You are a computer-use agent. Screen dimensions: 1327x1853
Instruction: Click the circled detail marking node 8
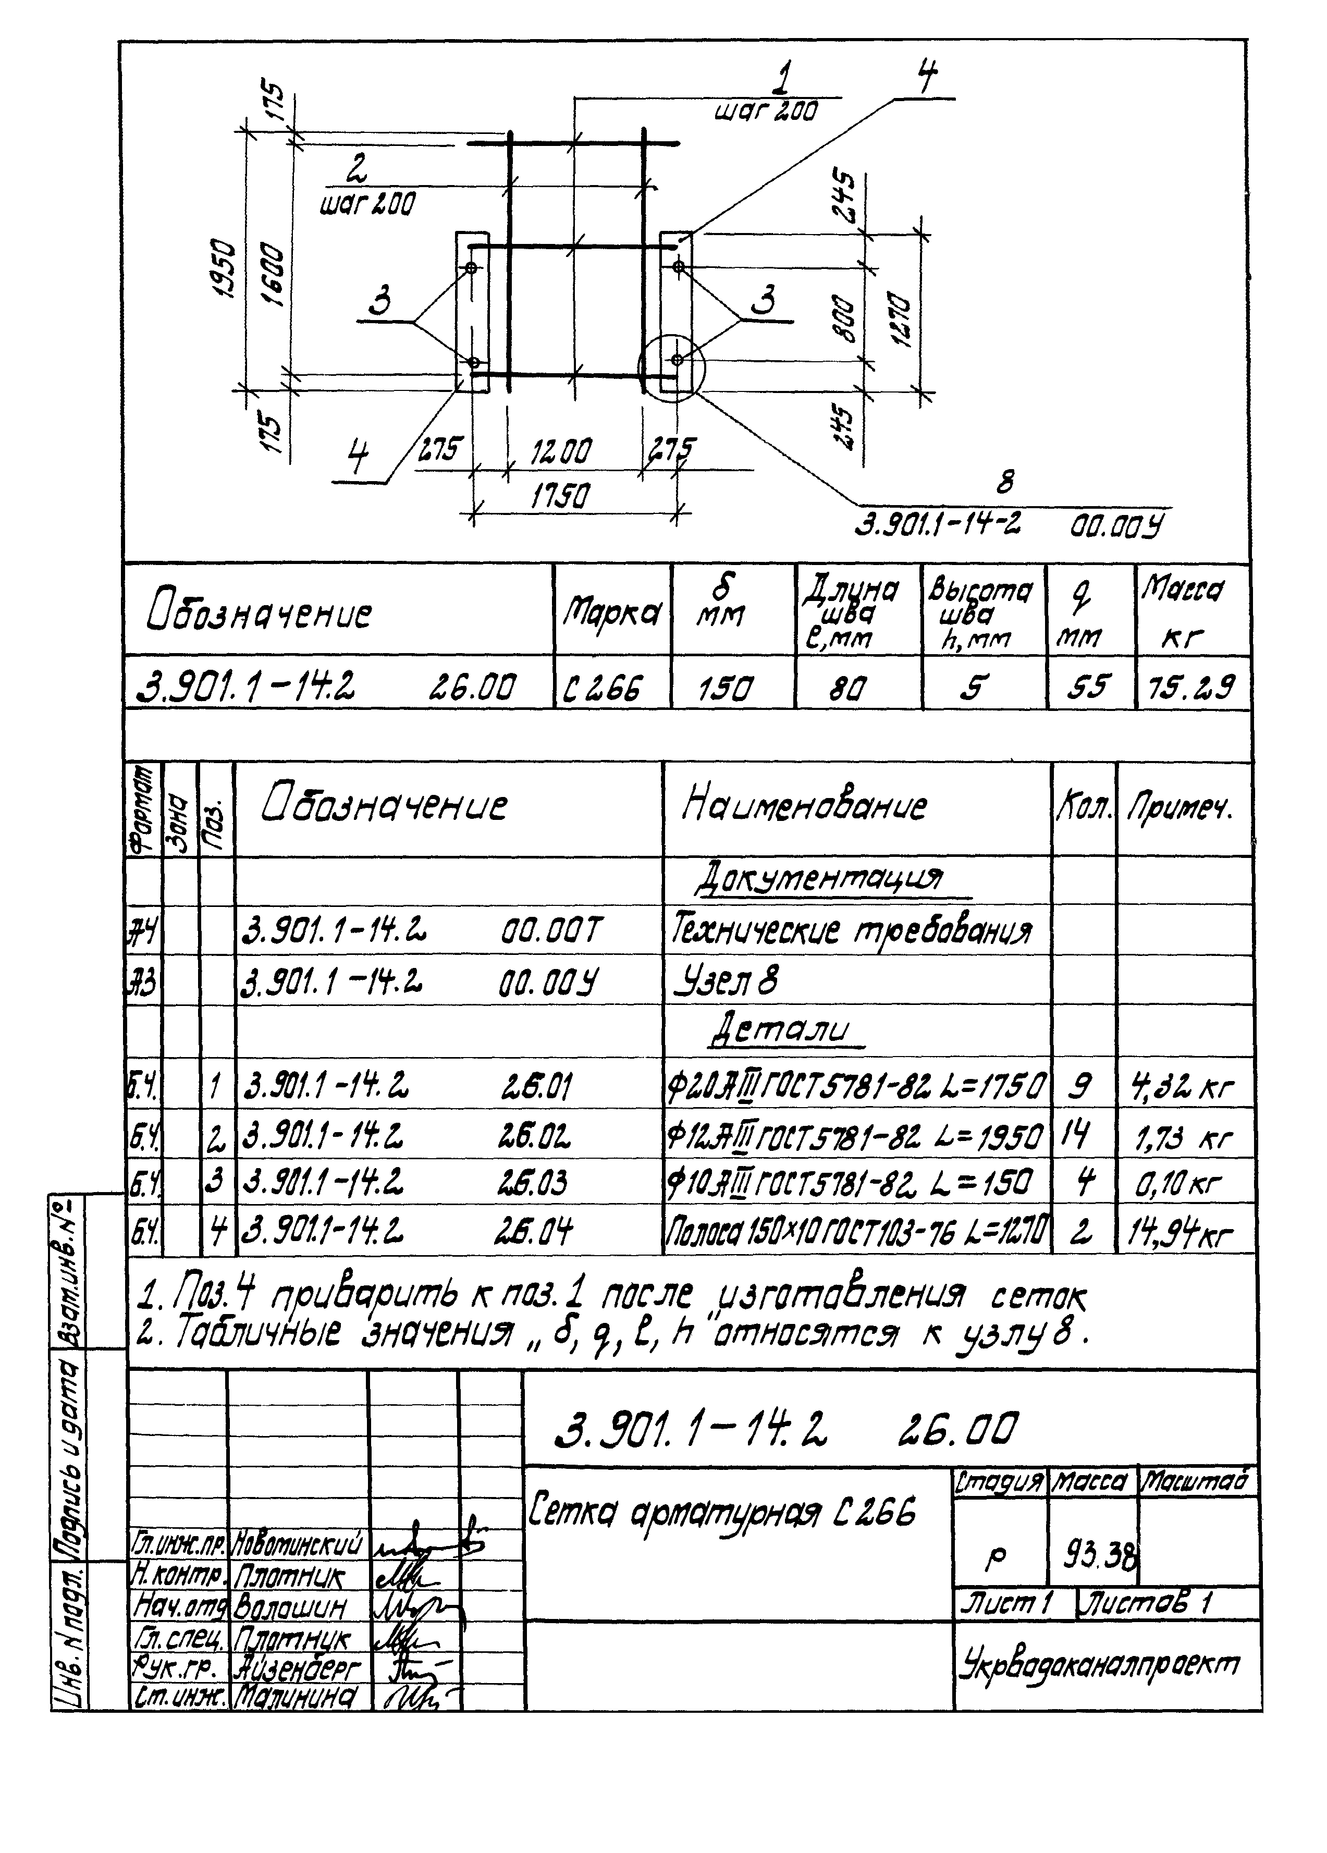pos(671,367)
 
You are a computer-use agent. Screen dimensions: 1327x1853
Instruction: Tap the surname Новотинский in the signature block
pos(298,1546)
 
